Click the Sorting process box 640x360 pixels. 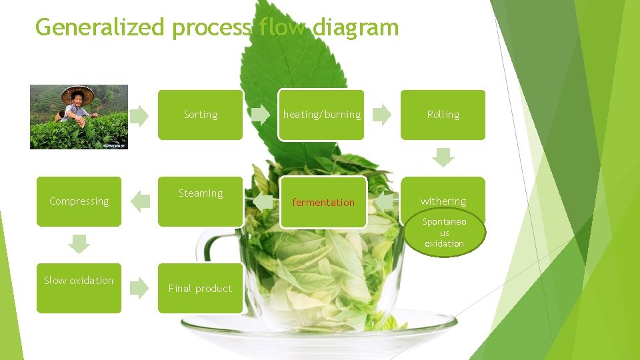200,115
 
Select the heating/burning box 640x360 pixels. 321,115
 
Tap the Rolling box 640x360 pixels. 443,115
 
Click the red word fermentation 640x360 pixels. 323,202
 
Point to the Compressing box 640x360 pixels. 79,201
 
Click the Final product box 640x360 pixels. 200,288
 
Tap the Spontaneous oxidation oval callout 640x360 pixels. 445,233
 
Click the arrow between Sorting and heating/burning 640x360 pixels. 261,115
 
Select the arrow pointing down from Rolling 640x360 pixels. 443,158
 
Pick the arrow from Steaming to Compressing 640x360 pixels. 140,201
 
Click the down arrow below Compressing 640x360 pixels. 79,244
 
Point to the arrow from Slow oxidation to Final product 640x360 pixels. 139,288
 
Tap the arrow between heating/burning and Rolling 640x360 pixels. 382,115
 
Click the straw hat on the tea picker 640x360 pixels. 77,95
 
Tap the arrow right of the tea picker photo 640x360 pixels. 139,116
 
